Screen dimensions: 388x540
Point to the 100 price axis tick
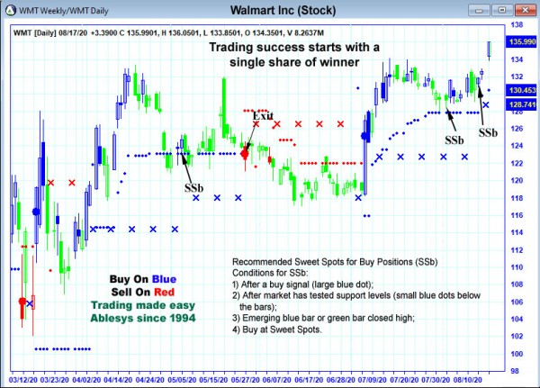[x=518, y=353]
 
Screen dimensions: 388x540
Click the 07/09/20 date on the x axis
[x=364, y=380]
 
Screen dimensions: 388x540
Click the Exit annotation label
[x=263, y=115]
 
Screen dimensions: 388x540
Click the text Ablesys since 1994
[x=144, y=318]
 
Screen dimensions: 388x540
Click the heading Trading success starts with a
[x=295, y=47]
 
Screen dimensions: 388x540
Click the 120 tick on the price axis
[x=518, y=180]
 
